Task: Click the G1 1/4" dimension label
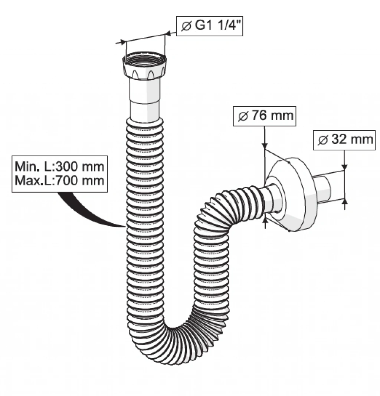click(210, 26)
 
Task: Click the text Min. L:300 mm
click(59, 166)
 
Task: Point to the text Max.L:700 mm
click(59, 181)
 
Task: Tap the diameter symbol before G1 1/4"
click(186, 26)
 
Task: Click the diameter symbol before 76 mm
click(243, 116)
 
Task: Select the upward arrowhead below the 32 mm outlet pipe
click(345, 201)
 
